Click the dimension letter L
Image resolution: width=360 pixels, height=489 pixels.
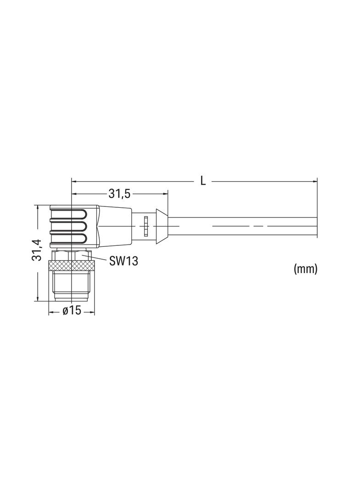point(203,181)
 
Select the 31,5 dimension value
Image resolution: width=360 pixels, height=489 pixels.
point(119,194)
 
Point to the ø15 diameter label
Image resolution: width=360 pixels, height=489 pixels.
point(72,311)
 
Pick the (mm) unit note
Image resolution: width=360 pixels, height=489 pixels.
point(305,268)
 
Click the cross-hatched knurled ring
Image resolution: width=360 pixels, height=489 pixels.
point(72,266)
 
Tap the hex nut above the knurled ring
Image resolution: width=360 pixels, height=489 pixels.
point(72,255)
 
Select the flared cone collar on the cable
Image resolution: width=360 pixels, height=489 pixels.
point(162,226)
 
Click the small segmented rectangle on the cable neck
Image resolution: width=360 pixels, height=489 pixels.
point(146,226)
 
